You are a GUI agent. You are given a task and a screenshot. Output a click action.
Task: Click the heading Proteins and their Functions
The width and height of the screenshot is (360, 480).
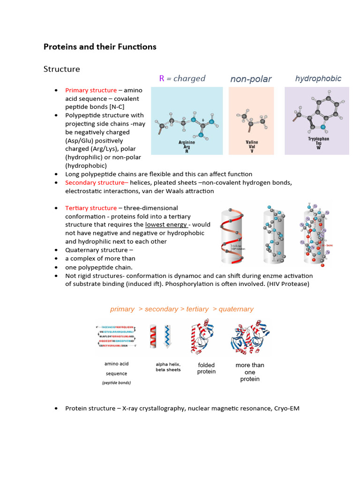point(100,47)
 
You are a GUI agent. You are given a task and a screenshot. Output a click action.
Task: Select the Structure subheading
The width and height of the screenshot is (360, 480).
point(62,69)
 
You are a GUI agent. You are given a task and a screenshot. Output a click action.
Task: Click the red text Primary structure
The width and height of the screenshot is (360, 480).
point(91,90)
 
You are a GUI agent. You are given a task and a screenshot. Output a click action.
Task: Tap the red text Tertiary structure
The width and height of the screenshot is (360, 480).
point(91,208)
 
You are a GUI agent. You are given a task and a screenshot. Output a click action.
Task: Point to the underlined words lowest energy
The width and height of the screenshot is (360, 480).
point(166,225)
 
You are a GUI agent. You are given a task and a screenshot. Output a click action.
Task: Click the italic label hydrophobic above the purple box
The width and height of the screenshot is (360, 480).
point(318,79)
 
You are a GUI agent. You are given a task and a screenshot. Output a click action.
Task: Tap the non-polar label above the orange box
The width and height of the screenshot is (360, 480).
point(251,79)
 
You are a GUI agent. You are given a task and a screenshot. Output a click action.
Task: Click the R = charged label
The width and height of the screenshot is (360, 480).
point(182,78)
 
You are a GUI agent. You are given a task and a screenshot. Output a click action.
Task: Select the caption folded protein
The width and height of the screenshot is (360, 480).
point(206,368)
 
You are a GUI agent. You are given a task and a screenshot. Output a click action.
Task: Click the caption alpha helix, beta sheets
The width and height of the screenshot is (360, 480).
point(168,367)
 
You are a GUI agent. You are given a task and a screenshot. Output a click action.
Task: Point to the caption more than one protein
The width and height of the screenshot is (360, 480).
point(250,372)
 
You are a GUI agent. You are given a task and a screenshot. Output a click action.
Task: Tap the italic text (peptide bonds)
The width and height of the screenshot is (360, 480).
point(116,383)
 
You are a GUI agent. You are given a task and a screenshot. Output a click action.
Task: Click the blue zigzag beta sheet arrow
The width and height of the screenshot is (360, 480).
point(167,336)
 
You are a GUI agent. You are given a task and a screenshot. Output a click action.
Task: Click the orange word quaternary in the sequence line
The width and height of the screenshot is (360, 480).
point(236,309)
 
